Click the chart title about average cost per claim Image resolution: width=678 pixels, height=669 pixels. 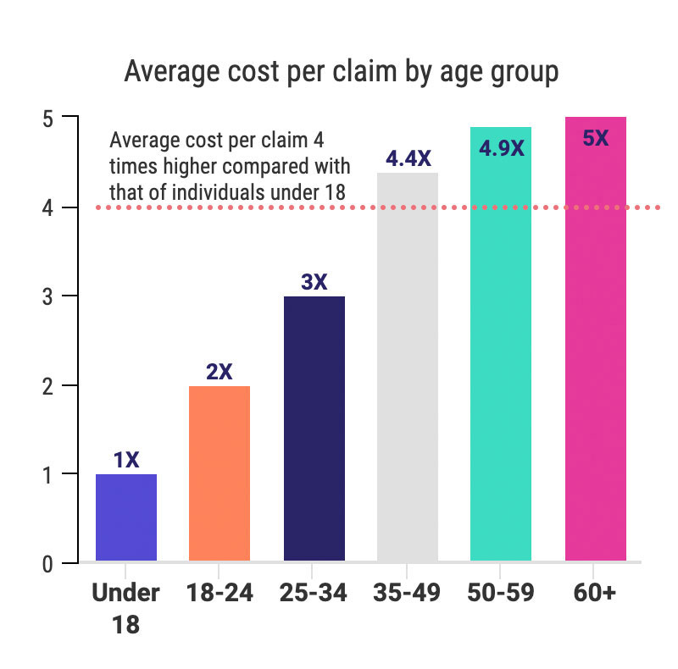pos(341,72)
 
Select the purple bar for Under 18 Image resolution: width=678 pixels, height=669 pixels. pos(126,517)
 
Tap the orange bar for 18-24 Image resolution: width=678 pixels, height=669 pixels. pos(220,473)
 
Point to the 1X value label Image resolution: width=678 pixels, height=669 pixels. pos(126,460)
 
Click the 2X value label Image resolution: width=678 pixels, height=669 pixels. pos(220,372)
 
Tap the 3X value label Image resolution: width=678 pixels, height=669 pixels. pos(314,282)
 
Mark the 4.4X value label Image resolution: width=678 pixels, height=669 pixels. pos(409,158)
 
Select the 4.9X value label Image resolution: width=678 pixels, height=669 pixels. pos(502,148)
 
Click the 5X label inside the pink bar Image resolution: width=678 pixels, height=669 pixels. pos(595,138)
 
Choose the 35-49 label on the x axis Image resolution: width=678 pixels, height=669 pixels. pos(407,593)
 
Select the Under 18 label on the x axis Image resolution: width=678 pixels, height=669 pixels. pos(125,608)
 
